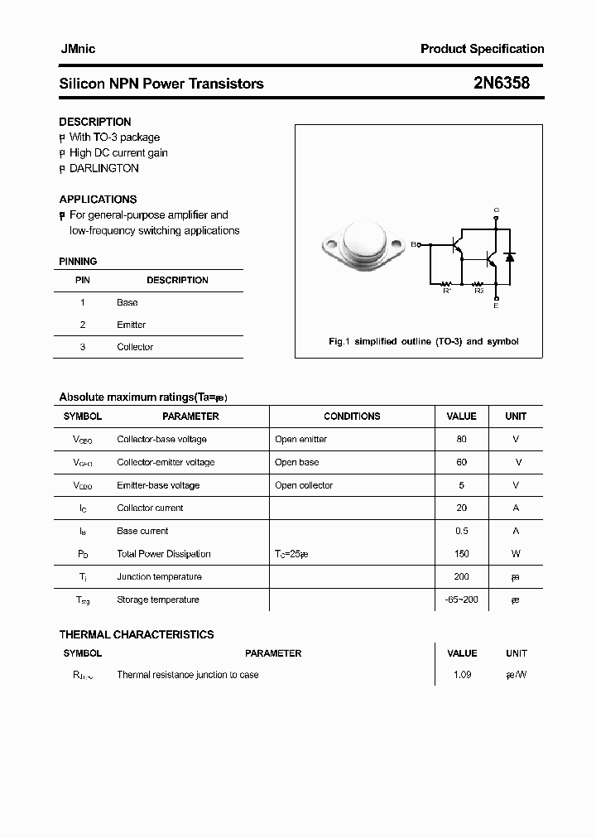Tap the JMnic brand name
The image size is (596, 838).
(x=77, y=49)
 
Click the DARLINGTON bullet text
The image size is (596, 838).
(x=103, y=168)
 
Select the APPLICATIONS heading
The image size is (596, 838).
(x=98, y=200)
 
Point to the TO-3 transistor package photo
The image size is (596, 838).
(x=363, y=245)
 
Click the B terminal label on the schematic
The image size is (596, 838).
(x=415, y=244)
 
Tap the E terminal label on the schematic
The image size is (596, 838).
(x=496, y=306)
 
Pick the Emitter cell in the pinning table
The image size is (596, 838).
(x=131, y=325)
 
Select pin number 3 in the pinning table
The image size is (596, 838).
(x=83, y=347)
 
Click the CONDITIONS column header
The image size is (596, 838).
(x=352, y=417)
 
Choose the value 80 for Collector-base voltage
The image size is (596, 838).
(x=461, y=440)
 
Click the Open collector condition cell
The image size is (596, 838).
(x=304, y=485)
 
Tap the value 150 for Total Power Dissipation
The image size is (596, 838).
(x=461, y=554)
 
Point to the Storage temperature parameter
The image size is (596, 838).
(x=158, y=600)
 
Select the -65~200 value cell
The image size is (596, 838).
(x=461, y=600)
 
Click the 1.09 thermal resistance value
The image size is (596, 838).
(x=462, y=675)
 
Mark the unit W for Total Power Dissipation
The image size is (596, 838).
(x=516, y=554)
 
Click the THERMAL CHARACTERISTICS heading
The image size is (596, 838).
(x=137, y=634)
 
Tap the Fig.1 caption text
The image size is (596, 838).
(x=423, y=341)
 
